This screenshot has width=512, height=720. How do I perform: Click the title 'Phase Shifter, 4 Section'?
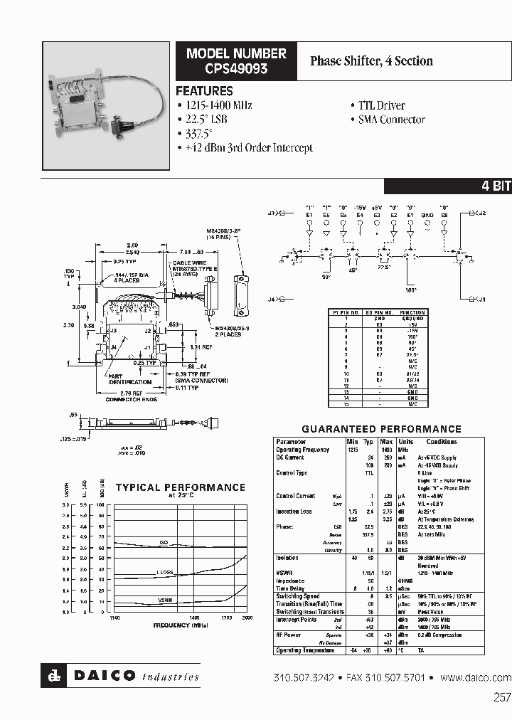371,61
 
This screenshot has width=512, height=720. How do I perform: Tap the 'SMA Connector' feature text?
390,120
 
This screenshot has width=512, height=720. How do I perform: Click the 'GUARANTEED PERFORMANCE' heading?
381,429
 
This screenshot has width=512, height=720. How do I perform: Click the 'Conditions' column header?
442,442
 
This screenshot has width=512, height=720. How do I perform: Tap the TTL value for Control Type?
369,472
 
